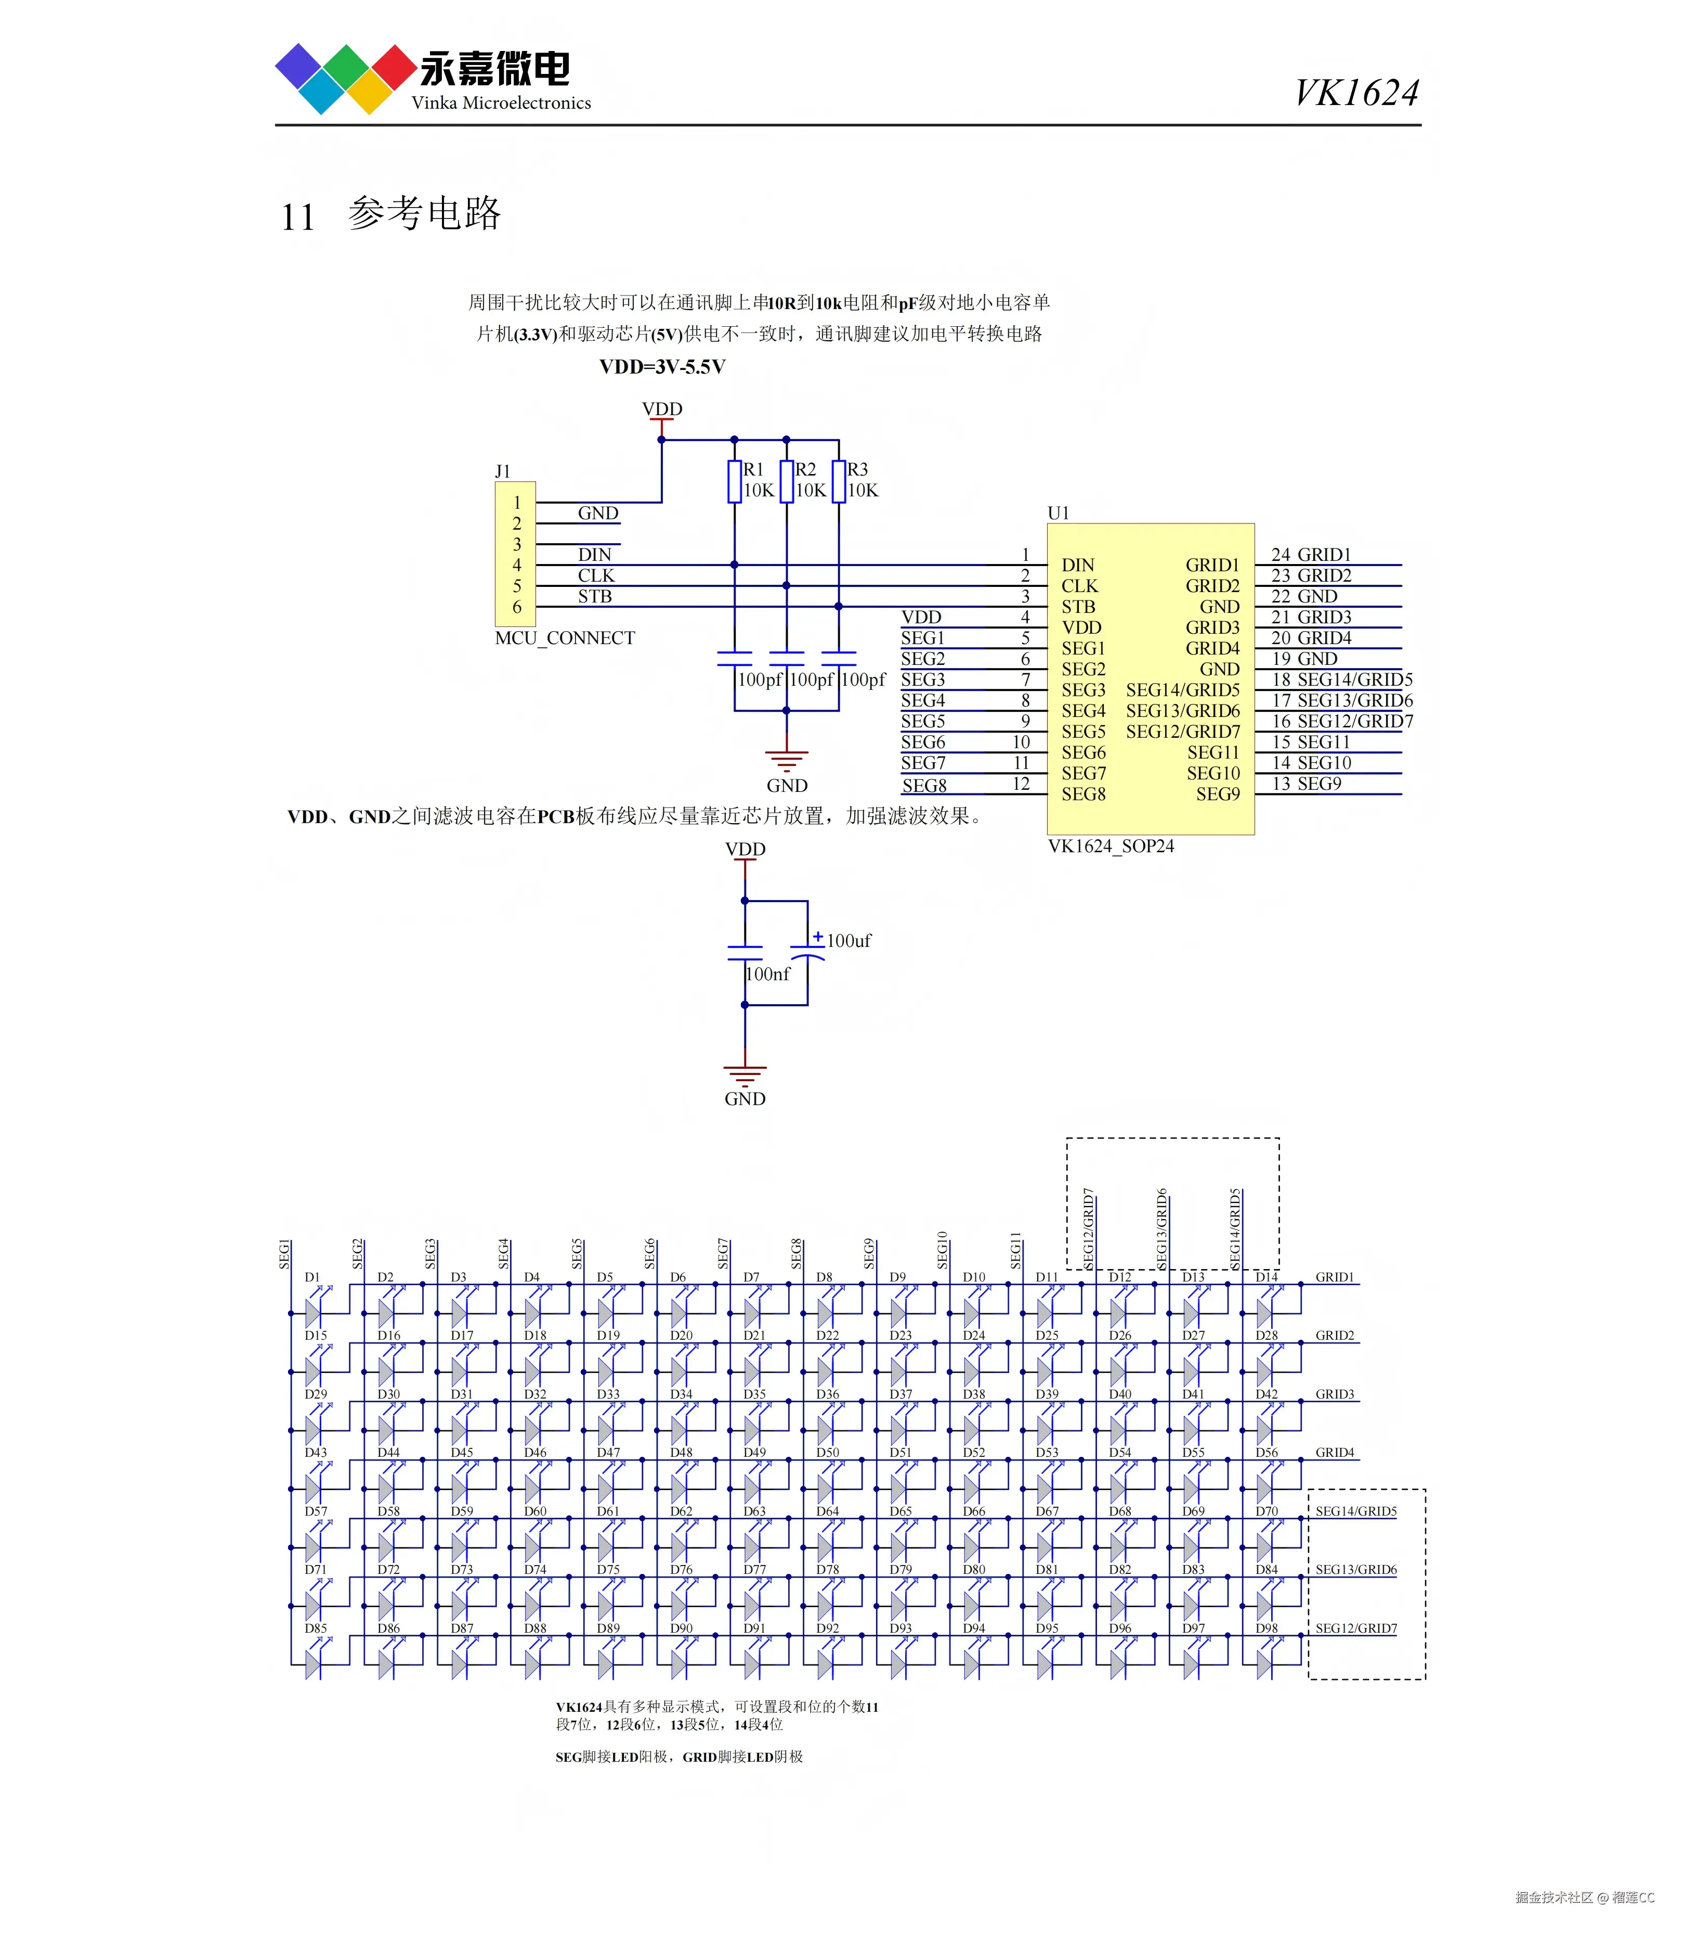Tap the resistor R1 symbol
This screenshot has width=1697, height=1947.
734,481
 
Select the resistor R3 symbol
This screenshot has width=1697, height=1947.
838,481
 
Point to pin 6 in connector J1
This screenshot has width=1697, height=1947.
517,606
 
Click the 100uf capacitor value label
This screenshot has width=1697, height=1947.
848,941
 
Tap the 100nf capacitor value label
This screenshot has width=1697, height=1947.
767,974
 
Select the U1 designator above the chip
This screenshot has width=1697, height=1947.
1058,513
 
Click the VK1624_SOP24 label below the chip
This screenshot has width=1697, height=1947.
1110,846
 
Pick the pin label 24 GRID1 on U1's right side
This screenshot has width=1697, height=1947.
1311,554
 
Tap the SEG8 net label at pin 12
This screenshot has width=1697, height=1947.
923,786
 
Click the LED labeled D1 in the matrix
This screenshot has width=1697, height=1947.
314,1312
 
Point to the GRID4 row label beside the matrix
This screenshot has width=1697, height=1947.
1334,1452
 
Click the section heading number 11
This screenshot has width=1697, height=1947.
297,217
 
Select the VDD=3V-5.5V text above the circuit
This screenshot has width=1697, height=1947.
662,367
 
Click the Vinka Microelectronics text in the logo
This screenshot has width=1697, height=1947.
501,103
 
